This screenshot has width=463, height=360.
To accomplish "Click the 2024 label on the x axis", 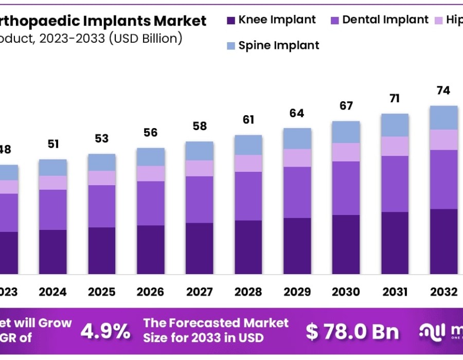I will pyautogui.click(x=52, y=292).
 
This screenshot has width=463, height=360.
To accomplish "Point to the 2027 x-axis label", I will pyautogui.click(x=199, y=292).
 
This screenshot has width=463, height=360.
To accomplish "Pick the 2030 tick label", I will pyautogui.click(x=346, y=292).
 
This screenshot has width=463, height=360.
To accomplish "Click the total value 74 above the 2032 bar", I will pyautogui.click(x=443, y=91).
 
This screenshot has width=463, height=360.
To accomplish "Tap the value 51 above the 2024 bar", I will pyautogui.click(x=52, y=144).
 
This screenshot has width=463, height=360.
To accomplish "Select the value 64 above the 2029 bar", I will pyautogui.click(x=297, y=113).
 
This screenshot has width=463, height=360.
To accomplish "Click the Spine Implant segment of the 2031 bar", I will pyautogui.click(x=395, y=125).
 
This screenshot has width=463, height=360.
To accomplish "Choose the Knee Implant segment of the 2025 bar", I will pyautogui.click(x=101, y=250).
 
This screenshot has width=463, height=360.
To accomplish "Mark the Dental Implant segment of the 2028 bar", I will pyautogui.click(x=248, y=196).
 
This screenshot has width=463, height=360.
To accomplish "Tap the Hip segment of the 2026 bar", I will pyautogui.click(x=150, y=173).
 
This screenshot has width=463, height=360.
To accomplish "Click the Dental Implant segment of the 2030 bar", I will pyautogui.click(x=346, y=188).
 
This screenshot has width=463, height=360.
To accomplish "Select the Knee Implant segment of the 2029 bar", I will pyautogui.click(x=297, y=246).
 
